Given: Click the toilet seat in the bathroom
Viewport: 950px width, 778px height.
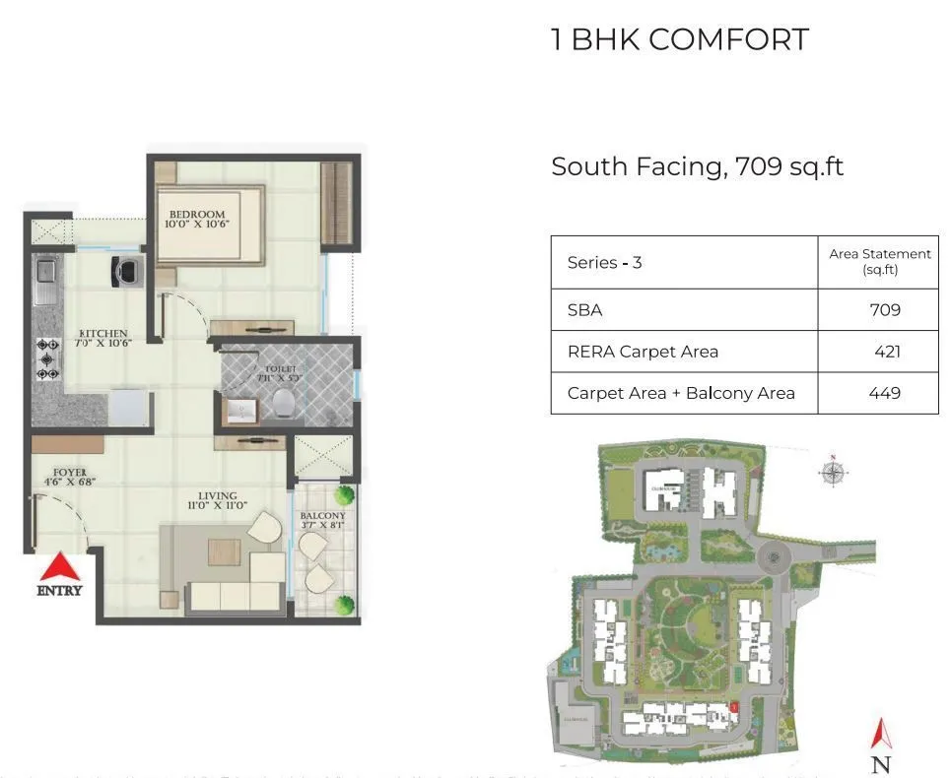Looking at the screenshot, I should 285,400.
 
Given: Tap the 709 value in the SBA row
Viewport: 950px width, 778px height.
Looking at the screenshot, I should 884,310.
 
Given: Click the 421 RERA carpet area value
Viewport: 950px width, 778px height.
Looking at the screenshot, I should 887,352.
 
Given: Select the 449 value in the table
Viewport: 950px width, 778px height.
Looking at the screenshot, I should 885,393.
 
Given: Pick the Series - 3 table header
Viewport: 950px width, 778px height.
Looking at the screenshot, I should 604,263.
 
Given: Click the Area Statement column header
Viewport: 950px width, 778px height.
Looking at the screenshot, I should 879,261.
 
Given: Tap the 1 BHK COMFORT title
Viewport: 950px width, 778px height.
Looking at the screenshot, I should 680,40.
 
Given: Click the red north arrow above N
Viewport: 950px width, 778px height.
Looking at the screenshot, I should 881,732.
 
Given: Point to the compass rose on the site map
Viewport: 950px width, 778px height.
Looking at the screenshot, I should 833,473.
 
